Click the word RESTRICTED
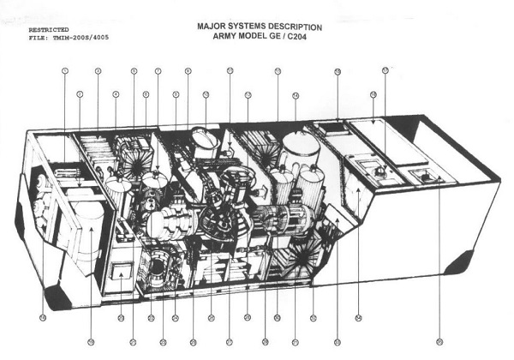pyautogui.click(x=48, y=29)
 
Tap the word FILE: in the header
pyautogui.click(x=39, y=38)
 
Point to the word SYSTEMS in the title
pyautogui.click(x=253, y=27)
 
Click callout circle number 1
pyautogui.click(x=64, y=70)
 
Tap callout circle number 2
pyautogui.click(x=79, y=93)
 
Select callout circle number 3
pyautogui.click(x=98, y=70)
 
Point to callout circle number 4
pyautogui.click(x=116, y=93)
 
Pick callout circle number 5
pyautogui.click(x=134, y=70)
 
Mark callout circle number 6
pyautogui.click(x=146, y=93)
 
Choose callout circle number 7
pyautogui.click(x=158, y=70)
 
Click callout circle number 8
pyautogui.click(x=176, y=93)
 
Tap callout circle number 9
pyautogui.click(x=188, y=70)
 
